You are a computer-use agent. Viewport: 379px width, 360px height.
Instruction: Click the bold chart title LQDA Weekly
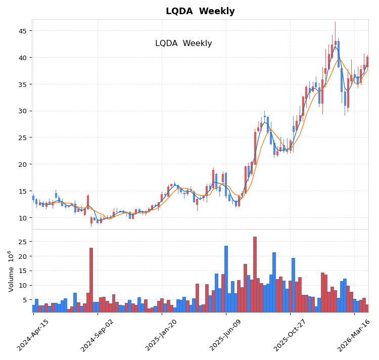click(200, 11)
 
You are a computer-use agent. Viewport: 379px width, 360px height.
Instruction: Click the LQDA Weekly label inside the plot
click(183, 43)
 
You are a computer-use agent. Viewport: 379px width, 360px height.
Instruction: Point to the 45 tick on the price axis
click(23, 31)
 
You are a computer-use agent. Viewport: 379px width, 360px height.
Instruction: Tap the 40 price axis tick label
click(23, 58)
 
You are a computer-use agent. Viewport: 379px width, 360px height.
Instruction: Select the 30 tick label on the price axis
click(23, 111)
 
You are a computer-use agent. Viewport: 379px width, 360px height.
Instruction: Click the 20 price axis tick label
click(23, 164)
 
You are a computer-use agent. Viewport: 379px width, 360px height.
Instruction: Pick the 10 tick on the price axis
click(23, 217)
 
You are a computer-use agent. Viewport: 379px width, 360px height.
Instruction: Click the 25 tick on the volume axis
click(23, 242)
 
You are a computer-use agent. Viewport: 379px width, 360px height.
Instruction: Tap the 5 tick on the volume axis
click(25, 300)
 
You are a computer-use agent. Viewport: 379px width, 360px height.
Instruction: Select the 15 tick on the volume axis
click(23, 271)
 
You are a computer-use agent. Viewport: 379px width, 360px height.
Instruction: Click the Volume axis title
click(11, 271)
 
